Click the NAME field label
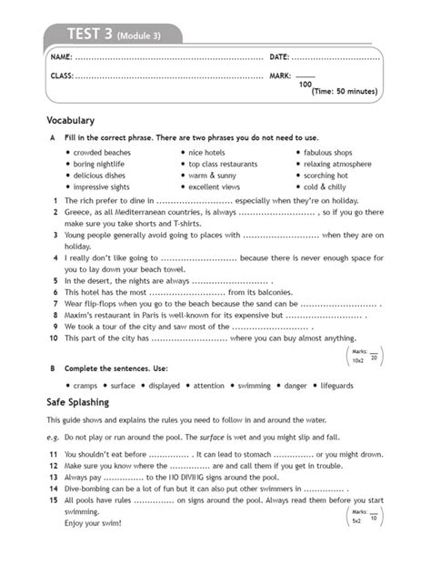click(x=61, y=58)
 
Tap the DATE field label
click(x=280, y=58)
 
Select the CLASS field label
click(x=63, y=76)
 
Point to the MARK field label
click(x=281, y=76)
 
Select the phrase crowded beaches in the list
click(x=103, y=152)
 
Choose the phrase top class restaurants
click(x=223, y=164)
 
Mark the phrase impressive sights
click(x=103, y=187)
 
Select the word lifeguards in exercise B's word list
click(x=356, y=385)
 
